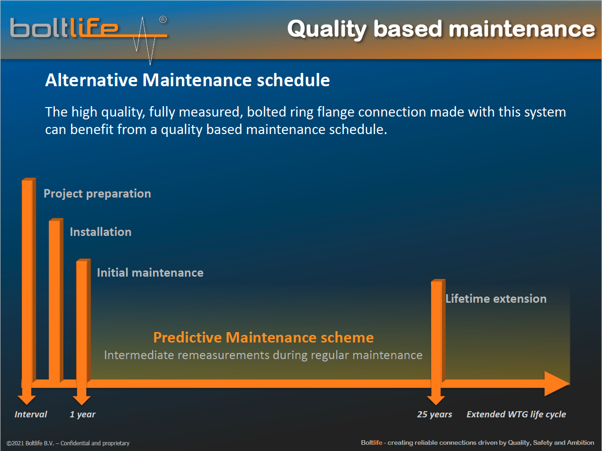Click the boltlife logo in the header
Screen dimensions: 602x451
click(x=88, y=36)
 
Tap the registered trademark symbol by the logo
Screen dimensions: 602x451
click(x=163, y=20)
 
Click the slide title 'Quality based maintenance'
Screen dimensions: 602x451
click(x=441, y=29)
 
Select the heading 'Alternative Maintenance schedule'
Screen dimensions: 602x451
click(x=187, y=80)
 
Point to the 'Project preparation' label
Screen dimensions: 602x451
click(x=98, y=194)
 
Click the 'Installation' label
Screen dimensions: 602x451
click(x=101, y=232)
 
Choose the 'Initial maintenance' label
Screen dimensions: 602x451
click(x=150, y=273)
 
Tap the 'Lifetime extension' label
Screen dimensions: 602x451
click(x=496, y=299)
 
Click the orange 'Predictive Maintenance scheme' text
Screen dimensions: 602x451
click(x=263, y=337)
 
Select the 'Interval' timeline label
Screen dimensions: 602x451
click(x=31, y=414)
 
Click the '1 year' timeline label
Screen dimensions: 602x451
click(x=82, y=415)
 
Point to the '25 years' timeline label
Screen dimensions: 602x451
click(x=435, y=415)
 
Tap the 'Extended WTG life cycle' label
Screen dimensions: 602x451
click(x=516, y=415)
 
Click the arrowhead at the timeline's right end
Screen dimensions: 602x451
click(x=557, y=384)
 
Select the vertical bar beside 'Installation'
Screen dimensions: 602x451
click(x=56, y=301)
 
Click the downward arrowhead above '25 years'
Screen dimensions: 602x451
click(x=436, y=400)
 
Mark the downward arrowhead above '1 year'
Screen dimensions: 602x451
click(x=81, y=400)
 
